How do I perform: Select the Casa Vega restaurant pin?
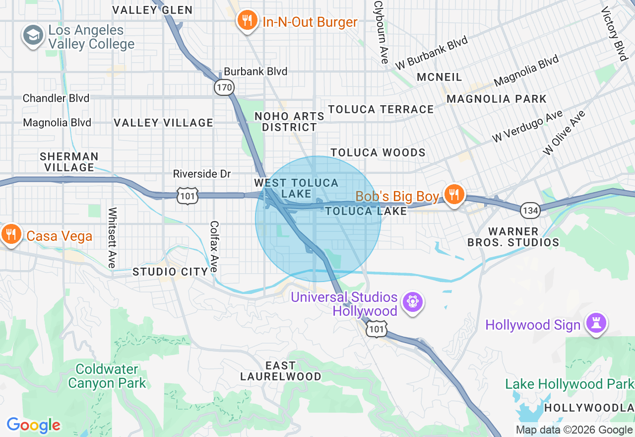pos(10,235)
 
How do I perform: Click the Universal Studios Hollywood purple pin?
pos(412,302)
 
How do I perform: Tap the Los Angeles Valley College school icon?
pos(33,36)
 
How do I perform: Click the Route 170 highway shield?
pos(224,88)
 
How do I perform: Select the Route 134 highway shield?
pos(530,211)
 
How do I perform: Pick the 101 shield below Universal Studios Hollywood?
pos(377,329)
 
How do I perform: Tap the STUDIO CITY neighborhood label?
pos(170,272)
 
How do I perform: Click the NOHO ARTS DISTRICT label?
pos(289,122)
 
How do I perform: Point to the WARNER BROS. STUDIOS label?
pos(513,237)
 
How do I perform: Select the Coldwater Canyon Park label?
pos(107,376)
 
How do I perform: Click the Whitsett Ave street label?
pos(112,237)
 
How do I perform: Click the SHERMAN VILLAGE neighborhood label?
pos(69,162)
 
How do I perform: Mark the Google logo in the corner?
pos(33,425)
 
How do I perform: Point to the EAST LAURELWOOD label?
pos(281,371)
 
